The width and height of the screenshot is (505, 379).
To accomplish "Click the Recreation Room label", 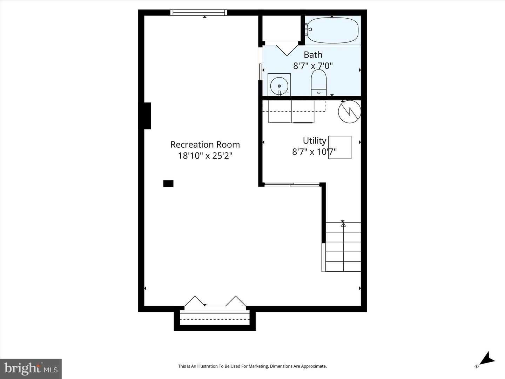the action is [205, 145].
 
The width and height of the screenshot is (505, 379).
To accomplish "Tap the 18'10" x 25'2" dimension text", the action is [205, 156].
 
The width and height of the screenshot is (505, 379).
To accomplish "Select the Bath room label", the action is [313, 55].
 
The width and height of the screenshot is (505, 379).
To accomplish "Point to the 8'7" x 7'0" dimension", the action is [313, 66].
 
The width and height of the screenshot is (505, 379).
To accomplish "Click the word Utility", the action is [315, 141].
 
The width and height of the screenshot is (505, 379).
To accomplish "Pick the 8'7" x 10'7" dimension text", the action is [314, 152].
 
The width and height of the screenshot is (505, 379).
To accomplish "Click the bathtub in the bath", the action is [333, 31].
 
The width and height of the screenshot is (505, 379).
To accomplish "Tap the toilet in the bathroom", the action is [319, 82].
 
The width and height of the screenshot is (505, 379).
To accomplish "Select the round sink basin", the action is [279, 86].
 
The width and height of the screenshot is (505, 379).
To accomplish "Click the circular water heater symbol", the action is [349, 112].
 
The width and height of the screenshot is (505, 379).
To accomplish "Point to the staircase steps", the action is [343, 247].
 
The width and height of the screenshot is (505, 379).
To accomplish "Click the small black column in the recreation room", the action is [168, 184].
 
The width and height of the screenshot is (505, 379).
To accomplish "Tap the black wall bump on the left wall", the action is [148, 116].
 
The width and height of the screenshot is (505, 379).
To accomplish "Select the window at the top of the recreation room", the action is [199, 12].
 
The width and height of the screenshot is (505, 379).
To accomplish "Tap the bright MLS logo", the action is [31, 368].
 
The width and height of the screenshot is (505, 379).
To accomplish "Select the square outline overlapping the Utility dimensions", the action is [339, 147].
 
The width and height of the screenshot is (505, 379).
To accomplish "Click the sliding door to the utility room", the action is [292, 184].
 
